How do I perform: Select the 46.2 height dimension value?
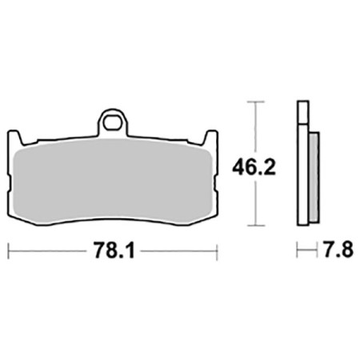[254, 167]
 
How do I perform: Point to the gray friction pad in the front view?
[113, 176]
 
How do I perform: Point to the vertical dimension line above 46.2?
[254, 128]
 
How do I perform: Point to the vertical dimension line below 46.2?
[254, 204]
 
